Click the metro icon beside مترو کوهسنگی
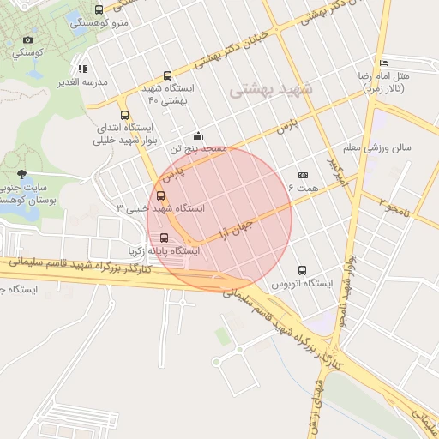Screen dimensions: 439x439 (x=99, y=10)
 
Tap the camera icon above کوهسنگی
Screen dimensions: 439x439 (x=28, y=39)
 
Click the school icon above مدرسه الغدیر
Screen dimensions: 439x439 (x=82, y=69)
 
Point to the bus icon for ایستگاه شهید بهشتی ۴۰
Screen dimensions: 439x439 (x=167, y=75)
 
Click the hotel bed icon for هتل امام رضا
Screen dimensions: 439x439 (x=383, y=63)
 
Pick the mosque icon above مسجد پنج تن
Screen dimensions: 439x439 (x=199, y=135)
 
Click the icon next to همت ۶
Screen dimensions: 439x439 (x=302, y=175)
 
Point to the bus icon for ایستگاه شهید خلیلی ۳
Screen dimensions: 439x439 (x=161, y=195)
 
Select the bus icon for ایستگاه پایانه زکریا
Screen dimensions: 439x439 (x=164, y=238)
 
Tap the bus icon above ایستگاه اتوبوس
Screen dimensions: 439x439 (x=302, y=270)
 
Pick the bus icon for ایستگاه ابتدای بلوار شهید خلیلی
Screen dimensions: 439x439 (x=125, y=115)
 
